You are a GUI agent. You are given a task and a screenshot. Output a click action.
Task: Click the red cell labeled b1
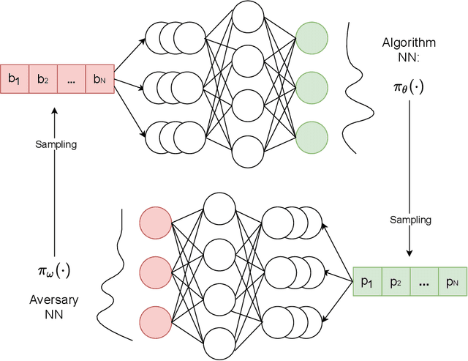click(15, 80)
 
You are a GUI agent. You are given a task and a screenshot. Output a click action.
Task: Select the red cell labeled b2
click(42, 80)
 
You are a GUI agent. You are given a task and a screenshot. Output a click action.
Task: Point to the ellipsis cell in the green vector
click(423, 280)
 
